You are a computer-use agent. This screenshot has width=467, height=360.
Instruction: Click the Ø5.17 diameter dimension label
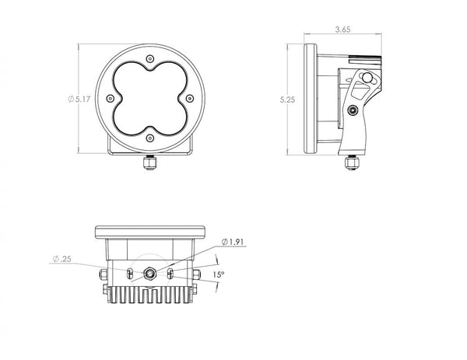tap(79, 99)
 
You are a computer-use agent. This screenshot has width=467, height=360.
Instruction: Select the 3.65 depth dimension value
tap(342, 30)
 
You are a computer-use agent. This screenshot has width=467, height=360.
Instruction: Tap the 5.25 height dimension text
tap(287, 100)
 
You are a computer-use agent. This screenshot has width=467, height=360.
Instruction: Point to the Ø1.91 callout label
tap(233, 242)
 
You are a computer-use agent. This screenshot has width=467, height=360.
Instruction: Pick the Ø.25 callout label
tap(62, 259)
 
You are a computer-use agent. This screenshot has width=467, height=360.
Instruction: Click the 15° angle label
tap(218, 274)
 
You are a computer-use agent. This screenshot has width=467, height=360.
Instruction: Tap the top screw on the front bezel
tap(150, 58)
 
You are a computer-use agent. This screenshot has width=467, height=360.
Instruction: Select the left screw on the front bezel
tap(111, 98)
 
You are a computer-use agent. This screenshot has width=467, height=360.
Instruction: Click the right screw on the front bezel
tap(190, 98)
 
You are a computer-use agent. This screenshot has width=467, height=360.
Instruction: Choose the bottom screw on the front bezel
tap(150, 138)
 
